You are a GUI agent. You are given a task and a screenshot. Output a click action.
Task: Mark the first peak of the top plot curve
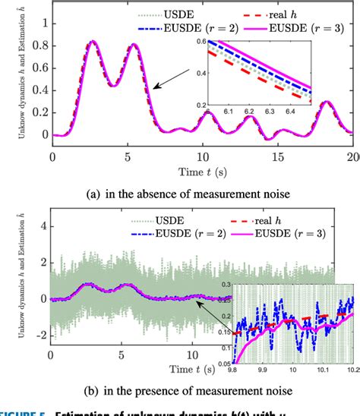(93, 42)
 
